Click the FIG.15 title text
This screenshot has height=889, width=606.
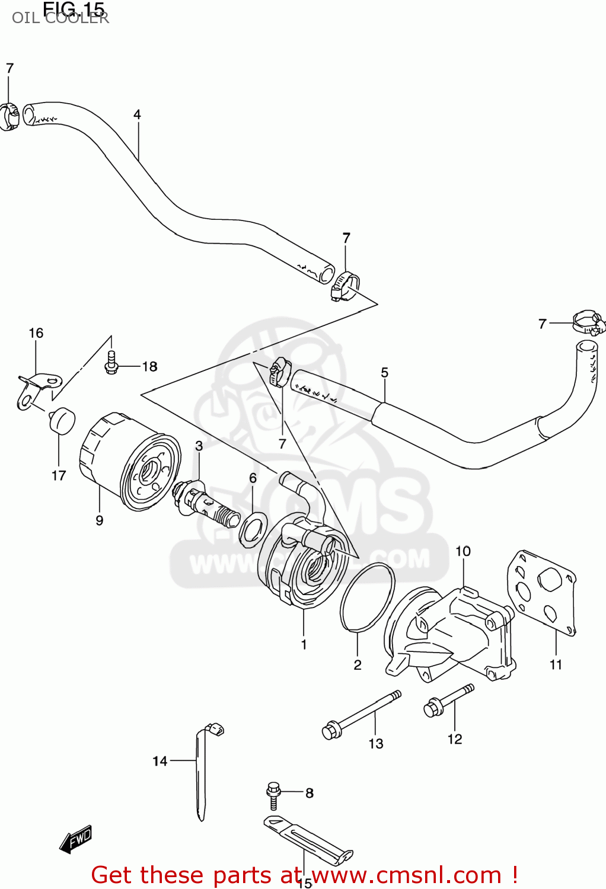coord(74,8)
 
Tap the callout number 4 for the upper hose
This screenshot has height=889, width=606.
coord(137,114)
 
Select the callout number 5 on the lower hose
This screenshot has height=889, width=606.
coord(384,372)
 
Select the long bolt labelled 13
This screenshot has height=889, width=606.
coord(361,714)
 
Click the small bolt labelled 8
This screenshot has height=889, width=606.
coord(273,794)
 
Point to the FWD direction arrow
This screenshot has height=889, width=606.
coord(76,839)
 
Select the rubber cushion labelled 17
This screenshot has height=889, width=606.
coord(61,420)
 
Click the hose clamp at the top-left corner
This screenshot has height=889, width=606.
coord(9,116)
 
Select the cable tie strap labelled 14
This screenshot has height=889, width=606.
coord(201,770)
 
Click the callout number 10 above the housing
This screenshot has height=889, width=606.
coord(463,551)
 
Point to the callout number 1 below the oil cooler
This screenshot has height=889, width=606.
coord(304,644)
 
